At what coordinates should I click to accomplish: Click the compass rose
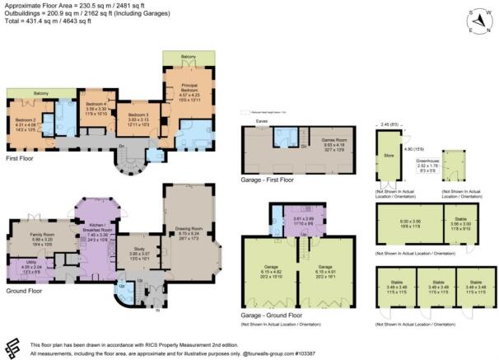coord(475,18)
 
